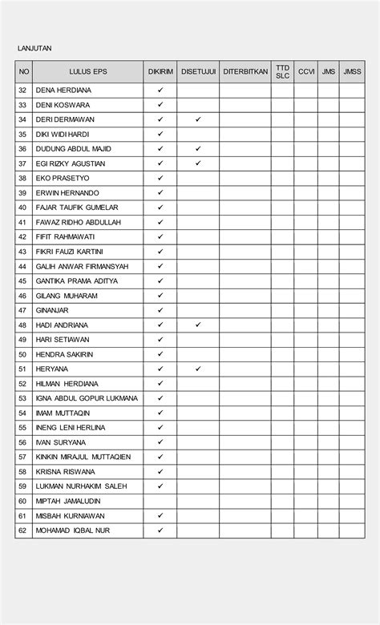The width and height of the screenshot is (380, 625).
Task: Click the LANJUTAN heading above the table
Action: point(34,48)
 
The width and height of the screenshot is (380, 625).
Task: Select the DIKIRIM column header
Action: point(160,72)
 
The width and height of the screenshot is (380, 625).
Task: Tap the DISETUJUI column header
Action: point(198,72)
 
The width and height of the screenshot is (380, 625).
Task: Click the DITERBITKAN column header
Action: point(245,72)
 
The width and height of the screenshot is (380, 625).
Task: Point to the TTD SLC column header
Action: point(282,72)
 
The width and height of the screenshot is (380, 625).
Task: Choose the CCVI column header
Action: point(306,72)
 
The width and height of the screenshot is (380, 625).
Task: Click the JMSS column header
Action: point(352,72)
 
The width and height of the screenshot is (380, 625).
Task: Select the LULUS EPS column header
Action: point(88,72)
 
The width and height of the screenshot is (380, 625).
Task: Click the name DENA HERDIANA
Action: point(63,91)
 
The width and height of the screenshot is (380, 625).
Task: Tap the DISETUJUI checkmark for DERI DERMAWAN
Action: point(198,119)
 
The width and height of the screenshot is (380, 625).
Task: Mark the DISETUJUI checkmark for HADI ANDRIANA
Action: point(198,325)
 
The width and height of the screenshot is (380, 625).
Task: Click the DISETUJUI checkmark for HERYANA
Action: point(198,369)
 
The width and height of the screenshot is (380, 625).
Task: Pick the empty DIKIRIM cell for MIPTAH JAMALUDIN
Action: point(160,501)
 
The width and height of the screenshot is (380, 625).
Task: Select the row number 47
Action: point(22,310)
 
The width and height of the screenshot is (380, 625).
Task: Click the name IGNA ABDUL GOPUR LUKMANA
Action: point(87,398)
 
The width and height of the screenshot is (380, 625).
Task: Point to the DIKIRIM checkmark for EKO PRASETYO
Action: point(160,178)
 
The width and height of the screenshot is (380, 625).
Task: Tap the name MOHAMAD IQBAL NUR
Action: point(73,530)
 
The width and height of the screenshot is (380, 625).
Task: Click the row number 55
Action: point(22,428)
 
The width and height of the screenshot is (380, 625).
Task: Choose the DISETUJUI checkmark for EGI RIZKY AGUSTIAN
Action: point(198,163)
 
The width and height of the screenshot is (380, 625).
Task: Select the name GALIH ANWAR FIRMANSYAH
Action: point(83,266)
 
